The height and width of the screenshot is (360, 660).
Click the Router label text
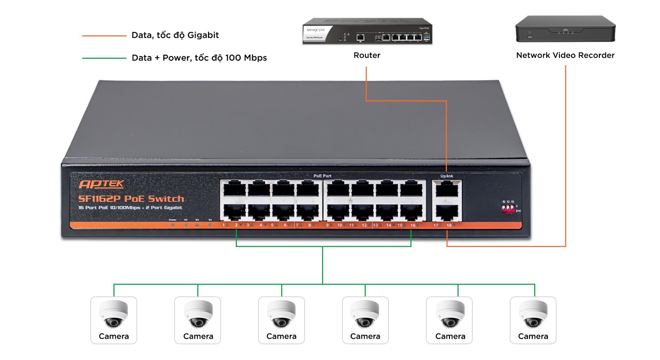367,55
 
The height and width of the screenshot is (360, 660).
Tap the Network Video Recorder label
565,55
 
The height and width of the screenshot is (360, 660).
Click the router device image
367,31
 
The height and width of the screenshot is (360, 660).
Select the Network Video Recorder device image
565,29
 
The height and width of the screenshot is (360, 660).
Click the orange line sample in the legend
104,36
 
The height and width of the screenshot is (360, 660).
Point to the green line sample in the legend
104,58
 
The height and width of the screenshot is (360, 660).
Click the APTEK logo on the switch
101,184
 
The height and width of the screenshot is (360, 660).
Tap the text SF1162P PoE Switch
131,199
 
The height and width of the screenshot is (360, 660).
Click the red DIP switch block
508,209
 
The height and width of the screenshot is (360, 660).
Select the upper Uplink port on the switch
447,189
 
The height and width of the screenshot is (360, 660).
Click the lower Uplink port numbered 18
447,213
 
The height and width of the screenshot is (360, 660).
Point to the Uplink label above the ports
447,176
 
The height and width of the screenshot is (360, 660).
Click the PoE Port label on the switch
322,176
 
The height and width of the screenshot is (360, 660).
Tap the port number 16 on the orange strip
413,225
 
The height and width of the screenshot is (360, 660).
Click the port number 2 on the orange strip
236,225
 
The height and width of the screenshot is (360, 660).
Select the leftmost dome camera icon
113,314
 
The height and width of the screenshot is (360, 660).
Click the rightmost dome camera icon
533,314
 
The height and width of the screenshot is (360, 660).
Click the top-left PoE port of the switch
234,189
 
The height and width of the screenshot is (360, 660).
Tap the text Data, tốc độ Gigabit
175,35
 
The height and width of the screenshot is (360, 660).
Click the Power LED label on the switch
173,220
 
